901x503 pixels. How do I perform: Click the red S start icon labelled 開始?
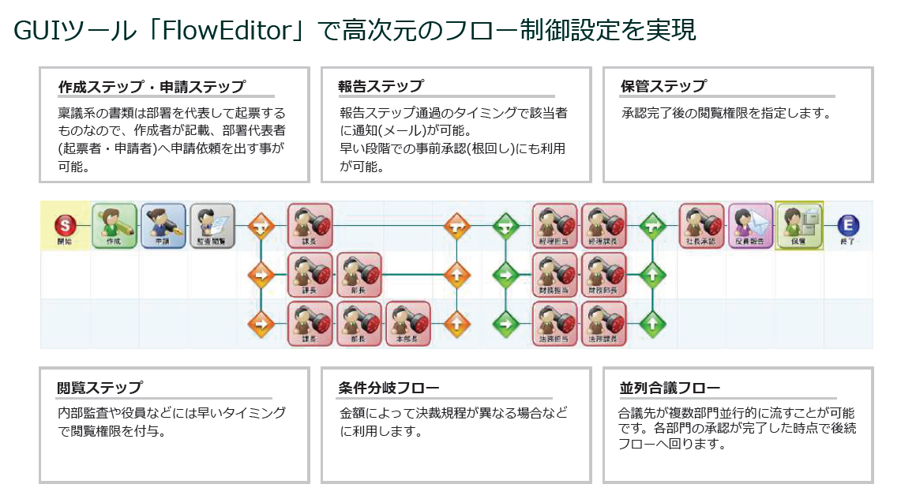[x=65, y=225]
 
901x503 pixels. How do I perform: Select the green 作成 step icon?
[x=115, y=225]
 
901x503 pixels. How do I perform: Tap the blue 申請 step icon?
[x=163, y=225]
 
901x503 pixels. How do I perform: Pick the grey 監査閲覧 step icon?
[x=212, y=225]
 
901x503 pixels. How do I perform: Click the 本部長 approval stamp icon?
[x=408, y=323]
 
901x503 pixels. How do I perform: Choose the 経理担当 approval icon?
[x=555, y=225]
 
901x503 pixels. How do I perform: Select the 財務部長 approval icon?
[x=604, y=274]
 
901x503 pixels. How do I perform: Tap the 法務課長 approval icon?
[x=604, y=323]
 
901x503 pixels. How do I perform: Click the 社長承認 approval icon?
[x=702, y=225]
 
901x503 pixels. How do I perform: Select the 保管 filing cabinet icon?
[x=799, y=225]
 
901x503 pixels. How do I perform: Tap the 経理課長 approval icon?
[x=604, y=225]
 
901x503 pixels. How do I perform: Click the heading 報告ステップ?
[x=381, y=86]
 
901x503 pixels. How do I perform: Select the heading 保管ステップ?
[x=663, y=86]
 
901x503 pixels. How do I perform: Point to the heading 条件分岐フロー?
[x=389, y=388]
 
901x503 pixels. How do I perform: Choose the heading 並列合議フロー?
[x=670, y=388]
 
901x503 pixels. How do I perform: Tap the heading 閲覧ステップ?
[x=100, y=388]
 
